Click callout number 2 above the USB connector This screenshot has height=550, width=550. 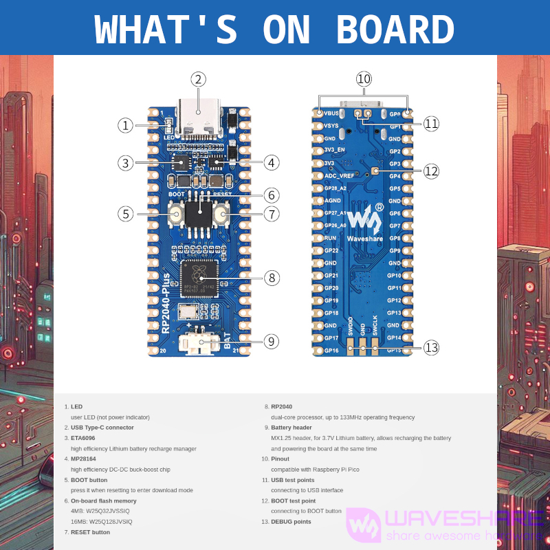pyautogui.click(x=198, y=79)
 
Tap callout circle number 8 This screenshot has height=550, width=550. pyautogui.click(x=272, y=278)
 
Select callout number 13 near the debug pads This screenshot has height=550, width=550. pyautogui.click(x=431, y=348)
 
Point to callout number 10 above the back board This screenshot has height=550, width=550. pyautogui.click(x=364, y=78)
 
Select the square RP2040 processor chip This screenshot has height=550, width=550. pyautogui.click(x=199, y=278)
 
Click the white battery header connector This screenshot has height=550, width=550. pyautogui.click(x=197, y=343)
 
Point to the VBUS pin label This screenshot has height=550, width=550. pyautogui.click(x=331, y=113)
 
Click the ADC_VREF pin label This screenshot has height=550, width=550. pyautogui.click(x=339, y=176)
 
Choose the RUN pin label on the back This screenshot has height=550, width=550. pyautogui.click(x=330, y=238)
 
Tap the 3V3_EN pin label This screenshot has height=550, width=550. pyautogui.click(x=335, y=151)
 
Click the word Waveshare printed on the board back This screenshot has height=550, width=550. pyautogui.click(x=364, y=239)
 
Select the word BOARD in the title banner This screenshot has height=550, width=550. pyautogui.click(x=395, y=30)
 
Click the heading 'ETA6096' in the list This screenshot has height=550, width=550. pyautogui.click(x=83, y=438)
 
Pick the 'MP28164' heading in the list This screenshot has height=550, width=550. pyautogui.click(x=84, y=459)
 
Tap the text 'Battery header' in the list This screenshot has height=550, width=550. pyautogui.click(x=291, y=428)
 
